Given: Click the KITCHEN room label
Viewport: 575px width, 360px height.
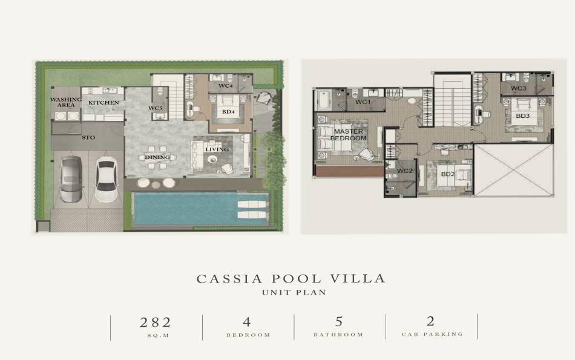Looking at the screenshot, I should (x=103, y=103).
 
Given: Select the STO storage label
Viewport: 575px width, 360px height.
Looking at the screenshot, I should (x=88, y=138).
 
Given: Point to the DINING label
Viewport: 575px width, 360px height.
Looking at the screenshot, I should (x=157, y=157).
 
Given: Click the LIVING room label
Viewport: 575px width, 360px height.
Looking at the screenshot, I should (x=217, y=149).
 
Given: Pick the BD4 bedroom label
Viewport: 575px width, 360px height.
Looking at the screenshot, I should (x=228, y=112).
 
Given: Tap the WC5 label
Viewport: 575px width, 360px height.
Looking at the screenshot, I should (x=156, y=108).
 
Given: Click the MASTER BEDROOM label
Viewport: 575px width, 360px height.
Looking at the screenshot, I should (x=349, y=135).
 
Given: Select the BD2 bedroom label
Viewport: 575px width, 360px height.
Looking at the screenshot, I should (x=448, y=174).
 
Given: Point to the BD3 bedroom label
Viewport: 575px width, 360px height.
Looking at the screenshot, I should (x=523, y=116).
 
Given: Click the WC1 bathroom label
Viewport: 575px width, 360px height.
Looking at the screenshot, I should (x=363, y=102).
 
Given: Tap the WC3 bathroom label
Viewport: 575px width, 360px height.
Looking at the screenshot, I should (x=519, y=88).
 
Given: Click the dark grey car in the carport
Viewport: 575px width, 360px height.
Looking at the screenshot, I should (x=70, y=179).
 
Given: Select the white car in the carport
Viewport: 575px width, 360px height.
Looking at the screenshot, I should (x=106, y=179).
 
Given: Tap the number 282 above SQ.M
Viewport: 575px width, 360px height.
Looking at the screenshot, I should (x=156, y=322).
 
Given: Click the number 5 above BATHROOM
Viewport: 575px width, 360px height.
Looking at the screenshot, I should (x=339, y=322).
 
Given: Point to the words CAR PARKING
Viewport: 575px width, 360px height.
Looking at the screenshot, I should (x=432, y=334).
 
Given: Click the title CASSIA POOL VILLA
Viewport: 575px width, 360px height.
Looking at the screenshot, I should (x=291, y=279).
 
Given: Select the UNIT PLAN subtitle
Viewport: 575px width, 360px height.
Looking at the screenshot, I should (x=294, y=293).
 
